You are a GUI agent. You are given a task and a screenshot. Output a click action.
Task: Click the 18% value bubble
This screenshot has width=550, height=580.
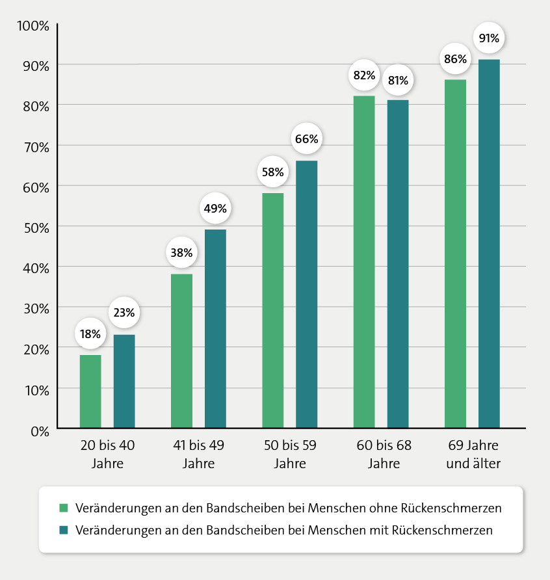click(x=90, y=334)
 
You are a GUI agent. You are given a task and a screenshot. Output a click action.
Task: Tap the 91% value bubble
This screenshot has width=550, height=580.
click(x=489, y=38)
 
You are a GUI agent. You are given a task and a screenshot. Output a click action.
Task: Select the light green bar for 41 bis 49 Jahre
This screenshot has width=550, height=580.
click(x=181, y=350)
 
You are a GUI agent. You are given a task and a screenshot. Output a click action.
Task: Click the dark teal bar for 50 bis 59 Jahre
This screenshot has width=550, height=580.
click(x=307, y=294)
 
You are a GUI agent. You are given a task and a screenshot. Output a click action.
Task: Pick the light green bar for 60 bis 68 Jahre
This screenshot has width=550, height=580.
click(x=364, y=262)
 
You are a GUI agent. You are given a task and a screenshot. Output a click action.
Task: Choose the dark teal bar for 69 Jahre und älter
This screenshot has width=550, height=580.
click(x=489, y=244)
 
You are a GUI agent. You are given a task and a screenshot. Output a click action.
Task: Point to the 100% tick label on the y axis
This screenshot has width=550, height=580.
click(x=33, y=26)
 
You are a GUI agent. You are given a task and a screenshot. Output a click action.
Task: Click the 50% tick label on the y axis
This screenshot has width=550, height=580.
click(x=36, y=228)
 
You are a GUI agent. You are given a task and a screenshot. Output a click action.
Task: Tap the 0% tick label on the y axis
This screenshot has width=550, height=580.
click(x=40, y=431)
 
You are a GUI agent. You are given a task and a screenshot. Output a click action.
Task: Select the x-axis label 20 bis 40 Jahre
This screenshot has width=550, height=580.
click(x=107, y=454)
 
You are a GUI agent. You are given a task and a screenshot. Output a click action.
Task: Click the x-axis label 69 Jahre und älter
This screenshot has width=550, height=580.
click(x=473, y=454)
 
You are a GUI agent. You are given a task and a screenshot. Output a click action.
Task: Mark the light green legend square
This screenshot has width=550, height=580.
click(x=64, y=508)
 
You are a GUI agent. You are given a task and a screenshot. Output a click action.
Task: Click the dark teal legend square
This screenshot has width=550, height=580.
click(x=64, y=530)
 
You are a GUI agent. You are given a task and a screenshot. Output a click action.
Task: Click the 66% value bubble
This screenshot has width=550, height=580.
click(x=307, y=138)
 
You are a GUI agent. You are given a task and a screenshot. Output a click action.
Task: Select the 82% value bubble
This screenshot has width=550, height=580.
click(x=364, y=75)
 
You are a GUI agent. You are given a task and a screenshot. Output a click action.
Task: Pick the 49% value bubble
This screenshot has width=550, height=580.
click(x=215, y=208)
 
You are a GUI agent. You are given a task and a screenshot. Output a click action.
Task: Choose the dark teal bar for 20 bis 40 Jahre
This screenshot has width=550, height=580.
click(x=124, y=382)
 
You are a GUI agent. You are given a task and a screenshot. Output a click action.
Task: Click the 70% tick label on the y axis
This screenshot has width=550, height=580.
click(x=36, y=147)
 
